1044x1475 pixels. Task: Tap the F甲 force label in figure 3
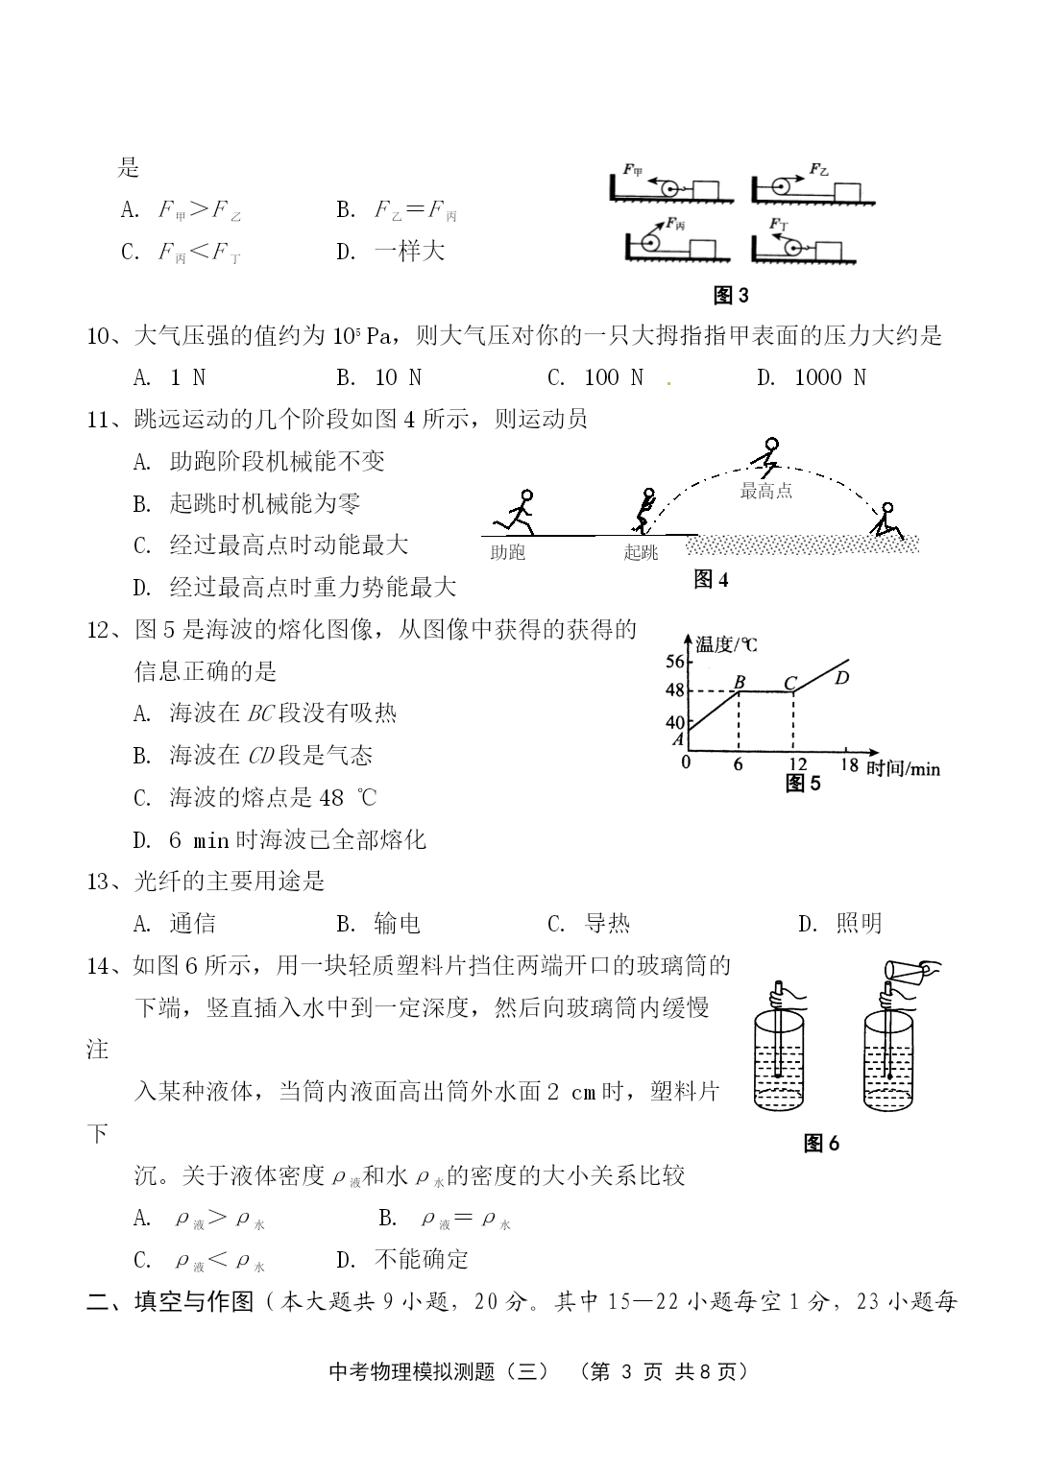point(633,171)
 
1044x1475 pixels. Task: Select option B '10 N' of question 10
point(379,377)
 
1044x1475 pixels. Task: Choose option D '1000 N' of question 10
point(812,377)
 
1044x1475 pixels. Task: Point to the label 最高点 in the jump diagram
point(765,491)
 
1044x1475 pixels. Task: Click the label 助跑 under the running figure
point(507,553)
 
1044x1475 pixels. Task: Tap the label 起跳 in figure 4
point(641,553)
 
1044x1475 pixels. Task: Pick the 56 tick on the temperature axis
point(674,661)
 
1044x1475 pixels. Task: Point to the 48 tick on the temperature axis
point(674,690)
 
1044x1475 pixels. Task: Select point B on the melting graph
point(740,683)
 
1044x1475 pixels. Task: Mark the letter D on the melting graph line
point(841,678)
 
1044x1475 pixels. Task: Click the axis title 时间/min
point(903,767)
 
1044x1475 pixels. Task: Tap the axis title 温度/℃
point(726,643)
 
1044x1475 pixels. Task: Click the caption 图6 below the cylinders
point(821,1143)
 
